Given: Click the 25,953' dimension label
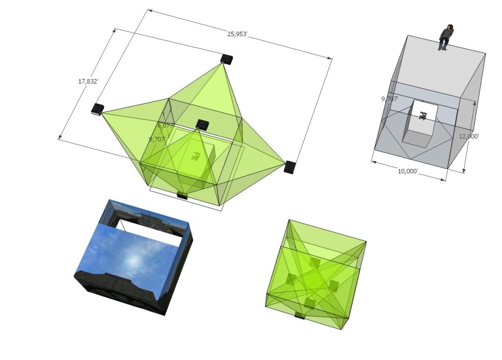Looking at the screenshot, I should [237, 34].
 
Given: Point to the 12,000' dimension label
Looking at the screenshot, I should [469, 137].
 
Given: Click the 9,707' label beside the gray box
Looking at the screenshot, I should [390, 99].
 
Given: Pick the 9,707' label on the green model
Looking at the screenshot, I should [158, 140].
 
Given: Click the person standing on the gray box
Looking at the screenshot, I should [446, 37].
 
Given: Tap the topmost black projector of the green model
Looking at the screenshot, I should [226, 59].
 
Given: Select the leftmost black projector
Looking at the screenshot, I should [98, 109].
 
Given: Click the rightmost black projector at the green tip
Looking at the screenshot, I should [290, 167].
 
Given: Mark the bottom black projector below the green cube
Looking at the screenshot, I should [182, 196].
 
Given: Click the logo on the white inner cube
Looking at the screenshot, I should [423, 115].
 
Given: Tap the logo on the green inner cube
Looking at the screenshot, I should [195, 156].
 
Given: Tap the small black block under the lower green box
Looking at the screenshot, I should [299, 316].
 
